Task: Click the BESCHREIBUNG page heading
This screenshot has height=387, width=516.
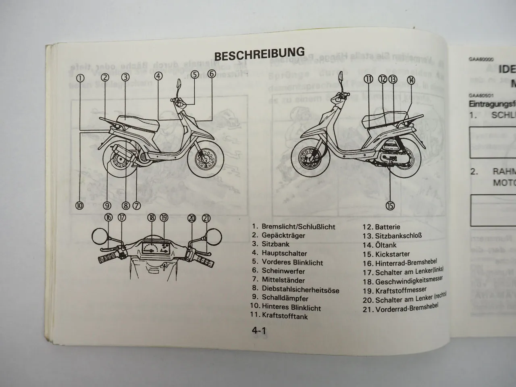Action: tap(259, 54)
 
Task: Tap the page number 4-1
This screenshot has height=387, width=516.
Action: tap(259, 331)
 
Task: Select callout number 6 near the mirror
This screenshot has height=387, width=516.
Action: tap(212, 74)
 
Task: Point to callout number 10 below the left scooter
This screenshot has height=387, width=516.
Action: tap(79, 206)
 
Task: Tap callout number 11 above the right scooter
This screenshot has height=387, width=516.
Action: tap(368, 79)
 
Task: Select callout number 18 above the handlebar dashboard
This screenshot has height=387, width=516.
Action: tap(151, 218)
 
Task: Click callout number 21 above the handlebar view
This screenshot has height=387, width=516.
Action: tap(206, 218)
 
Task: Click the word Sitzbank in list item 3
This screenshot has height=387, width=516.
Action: tap(275, 244)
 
